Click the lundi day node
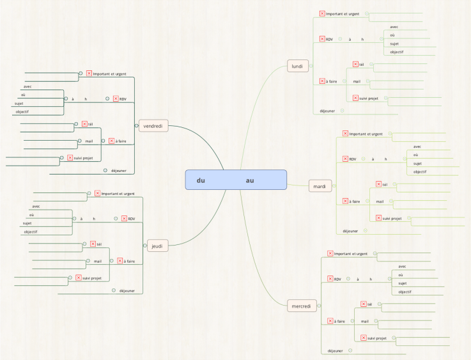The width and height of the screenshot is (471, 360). point(298,66)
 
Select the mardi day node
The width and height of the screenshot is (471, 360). point(320,186)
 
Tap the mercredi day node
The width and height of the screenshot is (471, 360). point(302,306)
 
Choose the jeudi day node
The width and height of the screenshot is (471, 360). point(157,246)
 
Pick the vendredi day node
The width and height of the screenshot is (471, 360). point(153,126)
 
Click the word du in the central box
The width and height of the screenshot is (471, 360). point(201,180)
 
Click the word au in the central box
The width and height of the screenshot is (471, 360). point(250,180)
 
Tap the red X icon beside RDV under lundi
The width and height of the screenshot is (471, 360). point(322,39)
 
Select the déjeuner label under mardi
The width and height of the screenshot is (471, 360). point(350,231)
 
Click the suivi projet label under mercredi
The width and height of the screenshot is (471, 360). point(377,338)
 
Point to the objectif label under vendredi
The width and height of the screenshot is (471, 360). point(22,111)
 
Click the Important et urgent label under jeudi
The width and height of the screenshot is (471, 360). point(118,194)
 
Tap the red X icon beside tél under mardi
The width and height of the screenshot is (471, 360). point(378,184)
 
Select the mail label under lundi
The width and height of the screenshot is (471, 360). point(357,81)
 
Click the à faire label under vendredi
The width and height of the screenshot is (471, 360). point(121,141)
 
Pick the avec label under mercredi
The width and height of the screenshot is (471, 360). point(402,266)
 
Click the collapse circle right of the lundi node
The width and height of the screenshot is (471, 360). point(311,66)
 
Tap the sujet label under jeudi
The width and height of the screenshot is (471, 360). point(27,223)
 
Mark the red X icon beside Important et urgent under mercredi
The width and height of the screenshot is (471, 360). point(330,253)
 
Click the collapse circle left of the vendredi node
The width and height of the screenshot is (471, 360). point(137,125)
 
